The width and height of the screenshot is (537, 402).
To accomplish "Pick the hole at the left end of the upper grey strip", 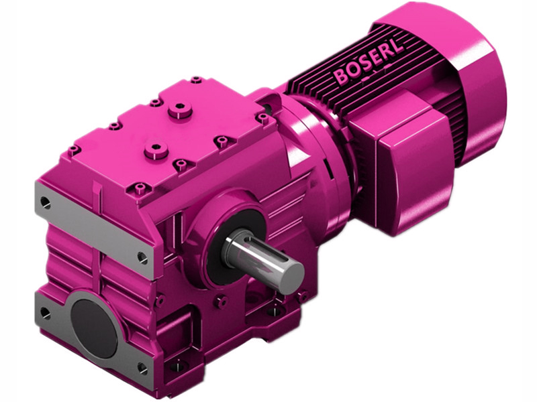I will [45, 200].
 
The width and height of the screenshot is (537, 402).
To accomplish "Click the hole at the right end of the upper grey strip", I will [142, 255].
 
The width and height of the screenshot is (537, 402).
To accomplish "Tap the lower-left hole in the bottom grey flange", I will [45, 312].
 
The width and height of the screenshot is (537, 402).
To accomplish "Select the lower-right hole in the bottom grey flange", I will [142, 367].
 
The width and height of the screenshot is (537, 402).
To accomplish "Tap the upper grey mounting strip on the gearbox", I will [94, 227].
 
